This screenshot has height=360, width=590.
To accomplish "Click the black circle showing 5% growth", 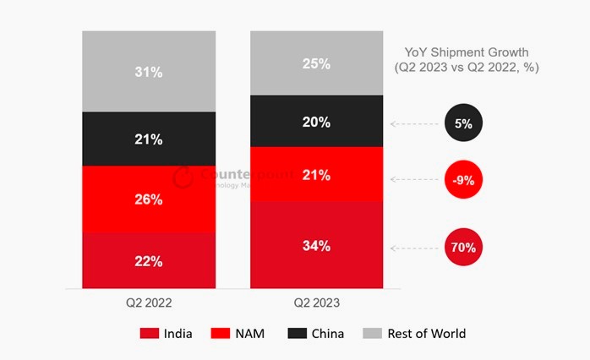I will [x=463, y=123].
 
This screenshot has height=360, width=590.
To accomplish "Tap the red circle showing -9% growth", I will [x=463, y=179].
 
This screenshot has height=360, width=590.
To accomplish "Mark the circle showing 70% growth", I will [x=463, y=248].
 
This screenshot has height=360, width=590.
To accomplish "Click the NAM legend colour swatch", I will [x=223, y=334].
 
